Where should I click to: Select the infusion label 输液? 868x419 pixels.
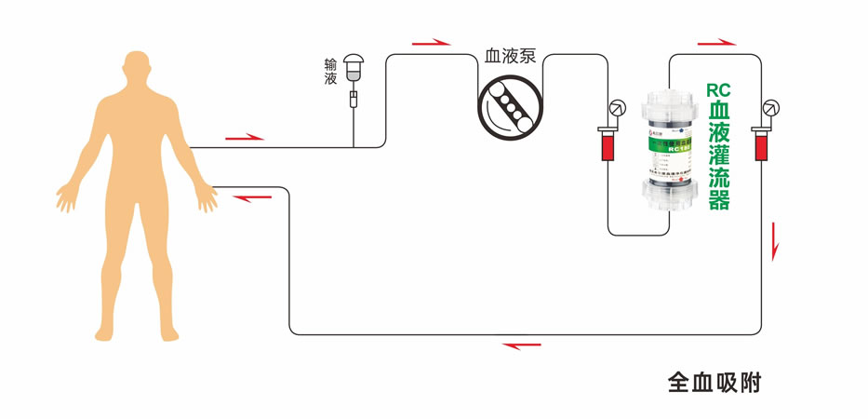click(x=330, y=72)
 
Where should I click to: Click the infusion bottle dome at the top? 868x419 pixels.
click(x=354, y=62)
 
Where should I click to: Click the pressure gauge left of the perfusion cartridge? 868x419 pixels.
click(x=615, y=108)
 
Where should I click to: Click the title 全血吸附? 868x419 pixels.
click(x=714, y=382)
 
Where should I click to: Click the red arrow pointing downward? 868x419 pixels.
click(x=774, y=244)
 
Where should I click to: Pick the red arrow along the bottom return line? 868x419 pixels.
click(x=522, y=345)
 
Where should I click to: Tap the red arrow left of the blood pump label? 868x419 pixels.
click(x=430, y=42)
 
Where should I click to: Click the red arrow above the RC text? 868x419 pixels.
click(x=717, y=42)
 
